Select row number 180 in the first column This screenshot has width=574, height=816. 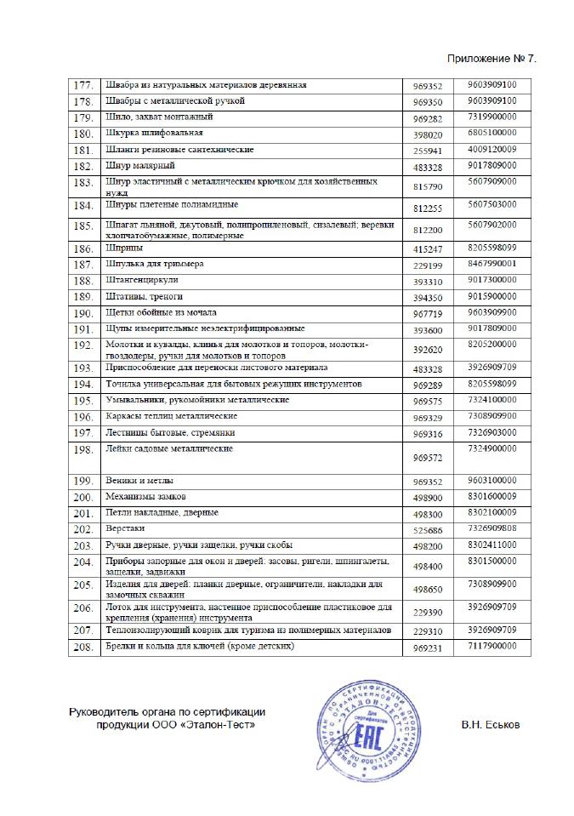coord(82,134)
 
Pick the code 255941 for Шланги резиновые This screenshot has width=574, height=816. coord(427,151)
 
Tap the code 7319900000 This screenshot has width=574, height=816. coord(497,116)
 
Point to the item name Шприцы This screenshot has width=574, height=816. coord(117,249)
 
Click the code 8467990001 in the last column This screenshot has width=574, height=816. coord(497,264)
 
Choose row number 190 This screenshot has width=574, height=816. coord(82,313)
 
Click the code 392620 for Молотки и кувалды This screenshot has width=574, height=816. coord(427,349)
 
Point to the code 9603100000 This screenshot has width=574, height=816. coord(497,480)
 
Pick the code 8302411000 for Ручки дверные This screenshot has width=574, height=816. coord(497,544)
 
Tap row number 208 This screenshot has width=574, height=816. coord(82,648)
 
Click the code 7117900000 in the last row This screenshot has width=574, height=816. coord(497,647)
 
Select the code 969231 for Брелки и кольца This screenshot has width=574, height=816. coord(427,649)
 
